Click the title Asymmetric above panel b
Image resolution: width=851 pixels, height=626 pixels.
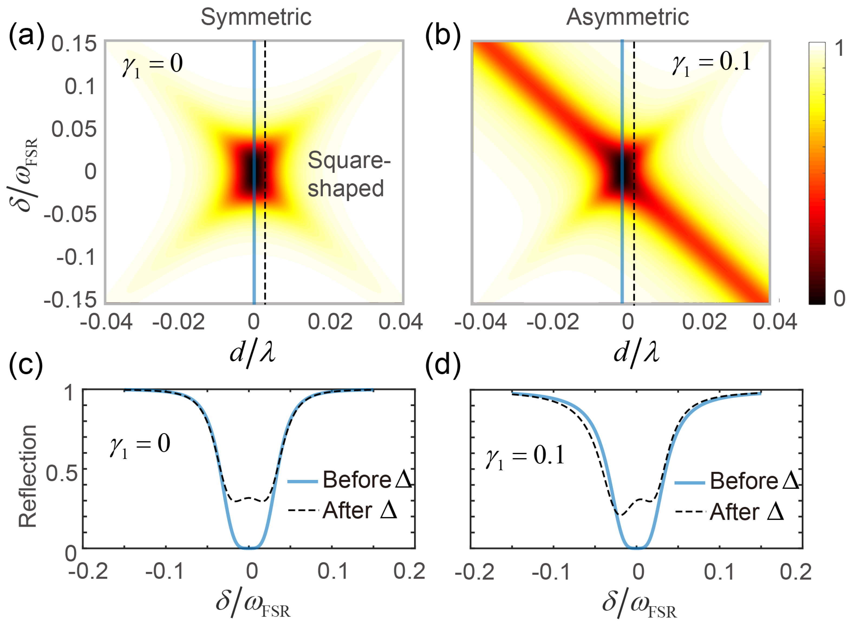627,17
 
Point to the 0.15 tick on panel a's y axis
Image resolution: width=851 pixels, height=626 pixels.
74,44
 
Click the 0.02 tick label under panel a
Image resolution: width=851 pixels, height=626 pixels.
330,322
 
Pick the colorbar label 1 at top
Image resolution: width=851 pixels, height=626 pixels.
840,48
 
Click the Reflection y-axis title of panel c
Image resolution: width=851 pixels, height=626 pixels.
28,476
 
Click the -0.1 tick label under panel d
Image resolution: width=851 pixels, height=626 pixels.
551,572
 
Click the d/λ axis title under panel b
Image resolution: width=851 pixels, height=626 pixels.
636,353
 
